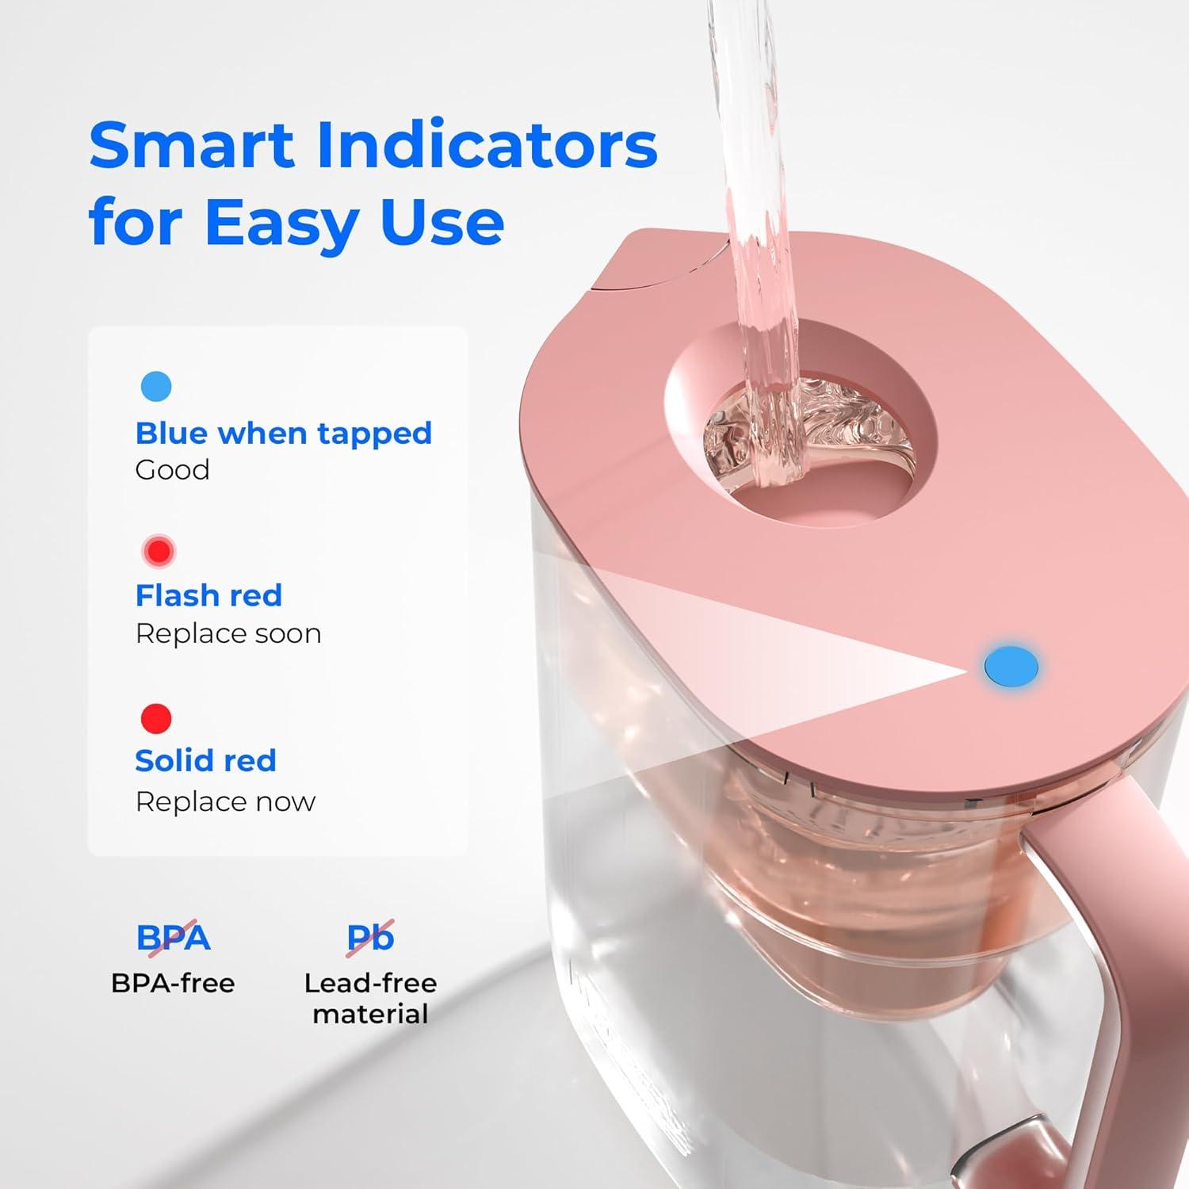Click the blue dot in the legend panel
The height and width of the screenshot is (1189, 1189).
[x=156, y=386]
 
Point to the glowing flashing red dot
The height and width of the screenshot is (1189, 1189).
[x=159, y=551]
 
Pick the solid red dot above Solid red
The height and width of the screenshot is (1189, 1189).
[x=156, y=718]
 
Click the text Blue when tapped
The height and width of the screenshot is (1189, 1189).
[x=283, y=433]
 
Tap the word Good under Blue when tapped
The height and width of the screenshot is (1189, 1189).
[x=172, y=470]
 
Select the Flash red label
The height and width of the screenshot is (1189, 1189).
[x=208, y=595]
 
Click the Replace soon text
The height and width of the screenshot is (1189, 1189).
[x=228, y=634]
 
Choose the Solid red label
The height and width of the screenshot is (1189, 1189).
[x=205, y=760]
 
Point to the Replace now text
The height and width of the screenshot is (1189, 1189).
[x=225, y=801]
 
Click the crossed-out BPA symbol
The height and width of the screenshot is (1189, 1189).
[x=173, y=938]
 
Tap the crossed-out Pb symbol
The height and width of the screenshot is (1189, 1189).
[x=370, y=938]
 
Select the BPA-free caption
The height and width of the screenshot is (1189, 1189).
[x=173, y=983]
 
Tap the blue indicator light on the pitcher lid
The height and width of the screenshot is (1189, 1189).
[x=1011, y=666]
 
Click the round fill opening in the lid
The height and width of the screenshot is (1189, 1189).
[x=801, y=432]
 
